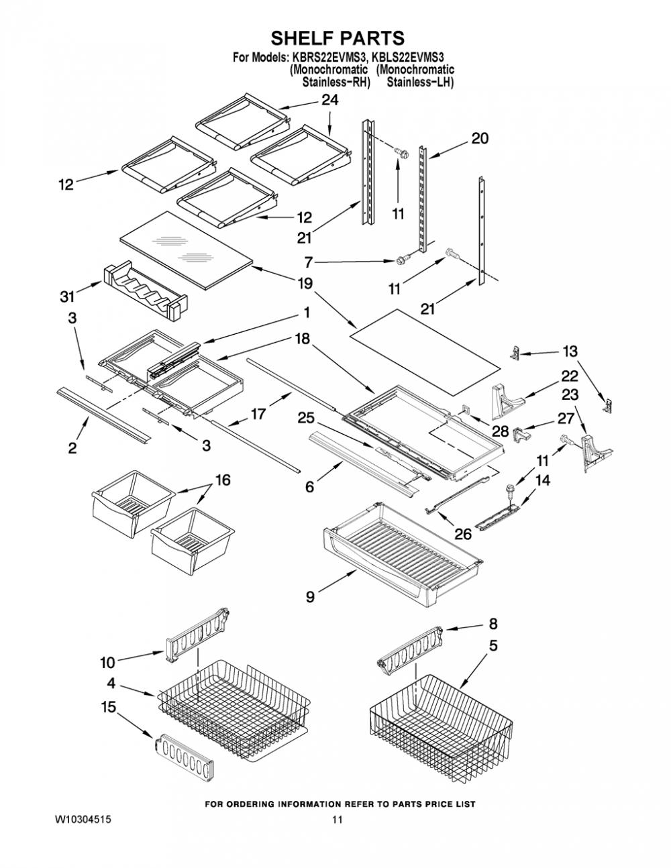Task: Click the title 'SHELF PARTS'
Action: (338, 38)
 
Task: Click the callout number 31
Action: (67, 296)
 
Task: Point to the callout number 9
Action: (310, 597)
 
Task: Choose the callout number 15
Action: (108, 707)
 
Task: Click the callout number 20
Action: (480, 139)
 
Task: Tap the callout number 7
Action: (309, 263)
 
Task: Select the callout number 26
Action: (463, 534)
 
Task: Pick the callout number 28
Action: (500, 431)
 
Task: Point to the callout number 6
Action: (309, 487)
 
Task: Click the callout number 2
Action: (72, 448)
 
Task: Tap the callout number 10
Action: (107, 663)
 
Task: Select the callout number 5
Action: (493, 645)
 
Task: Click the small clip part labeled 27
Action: (521, 433)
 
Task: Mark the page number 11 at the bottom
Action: (338, 820)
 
